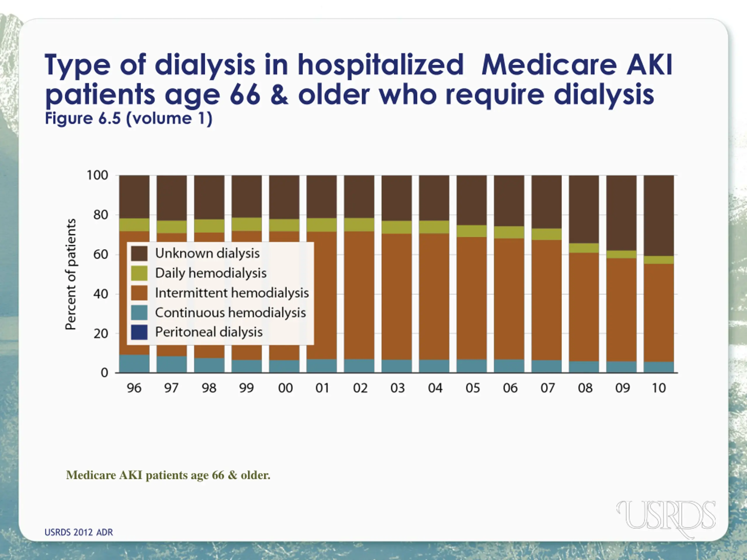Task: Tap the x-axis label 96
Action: pos(134,388)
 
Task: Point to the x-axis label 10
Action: pos(659,388)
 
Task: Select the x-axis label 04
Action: pos(435,388)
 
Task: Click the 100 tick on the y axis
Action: pos(97,176)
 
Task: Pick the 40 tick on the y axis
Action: pos(100,294)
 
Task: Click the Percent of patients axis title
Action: pos(71,274)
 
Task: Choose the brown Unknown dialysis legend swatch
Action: pos(139,253)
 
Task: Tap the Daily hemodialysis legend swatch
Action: pos(139,273)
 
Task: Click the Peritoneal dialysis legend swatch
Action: pos(139,332)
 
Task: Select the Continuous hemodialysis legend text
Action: pos(230,313)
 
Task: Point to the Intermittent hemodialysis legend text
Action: pos(232,293)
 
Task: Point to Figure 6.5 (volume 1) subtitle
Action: pos(129,118)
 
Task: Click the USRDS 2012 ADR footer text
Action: pos(79,532)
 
